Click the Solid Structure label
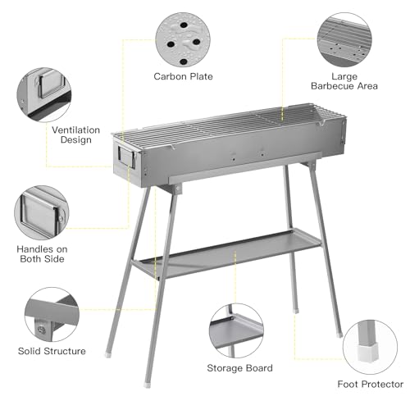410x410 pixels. [52, 351]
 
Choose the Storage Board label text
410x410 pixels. [240, 368]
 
